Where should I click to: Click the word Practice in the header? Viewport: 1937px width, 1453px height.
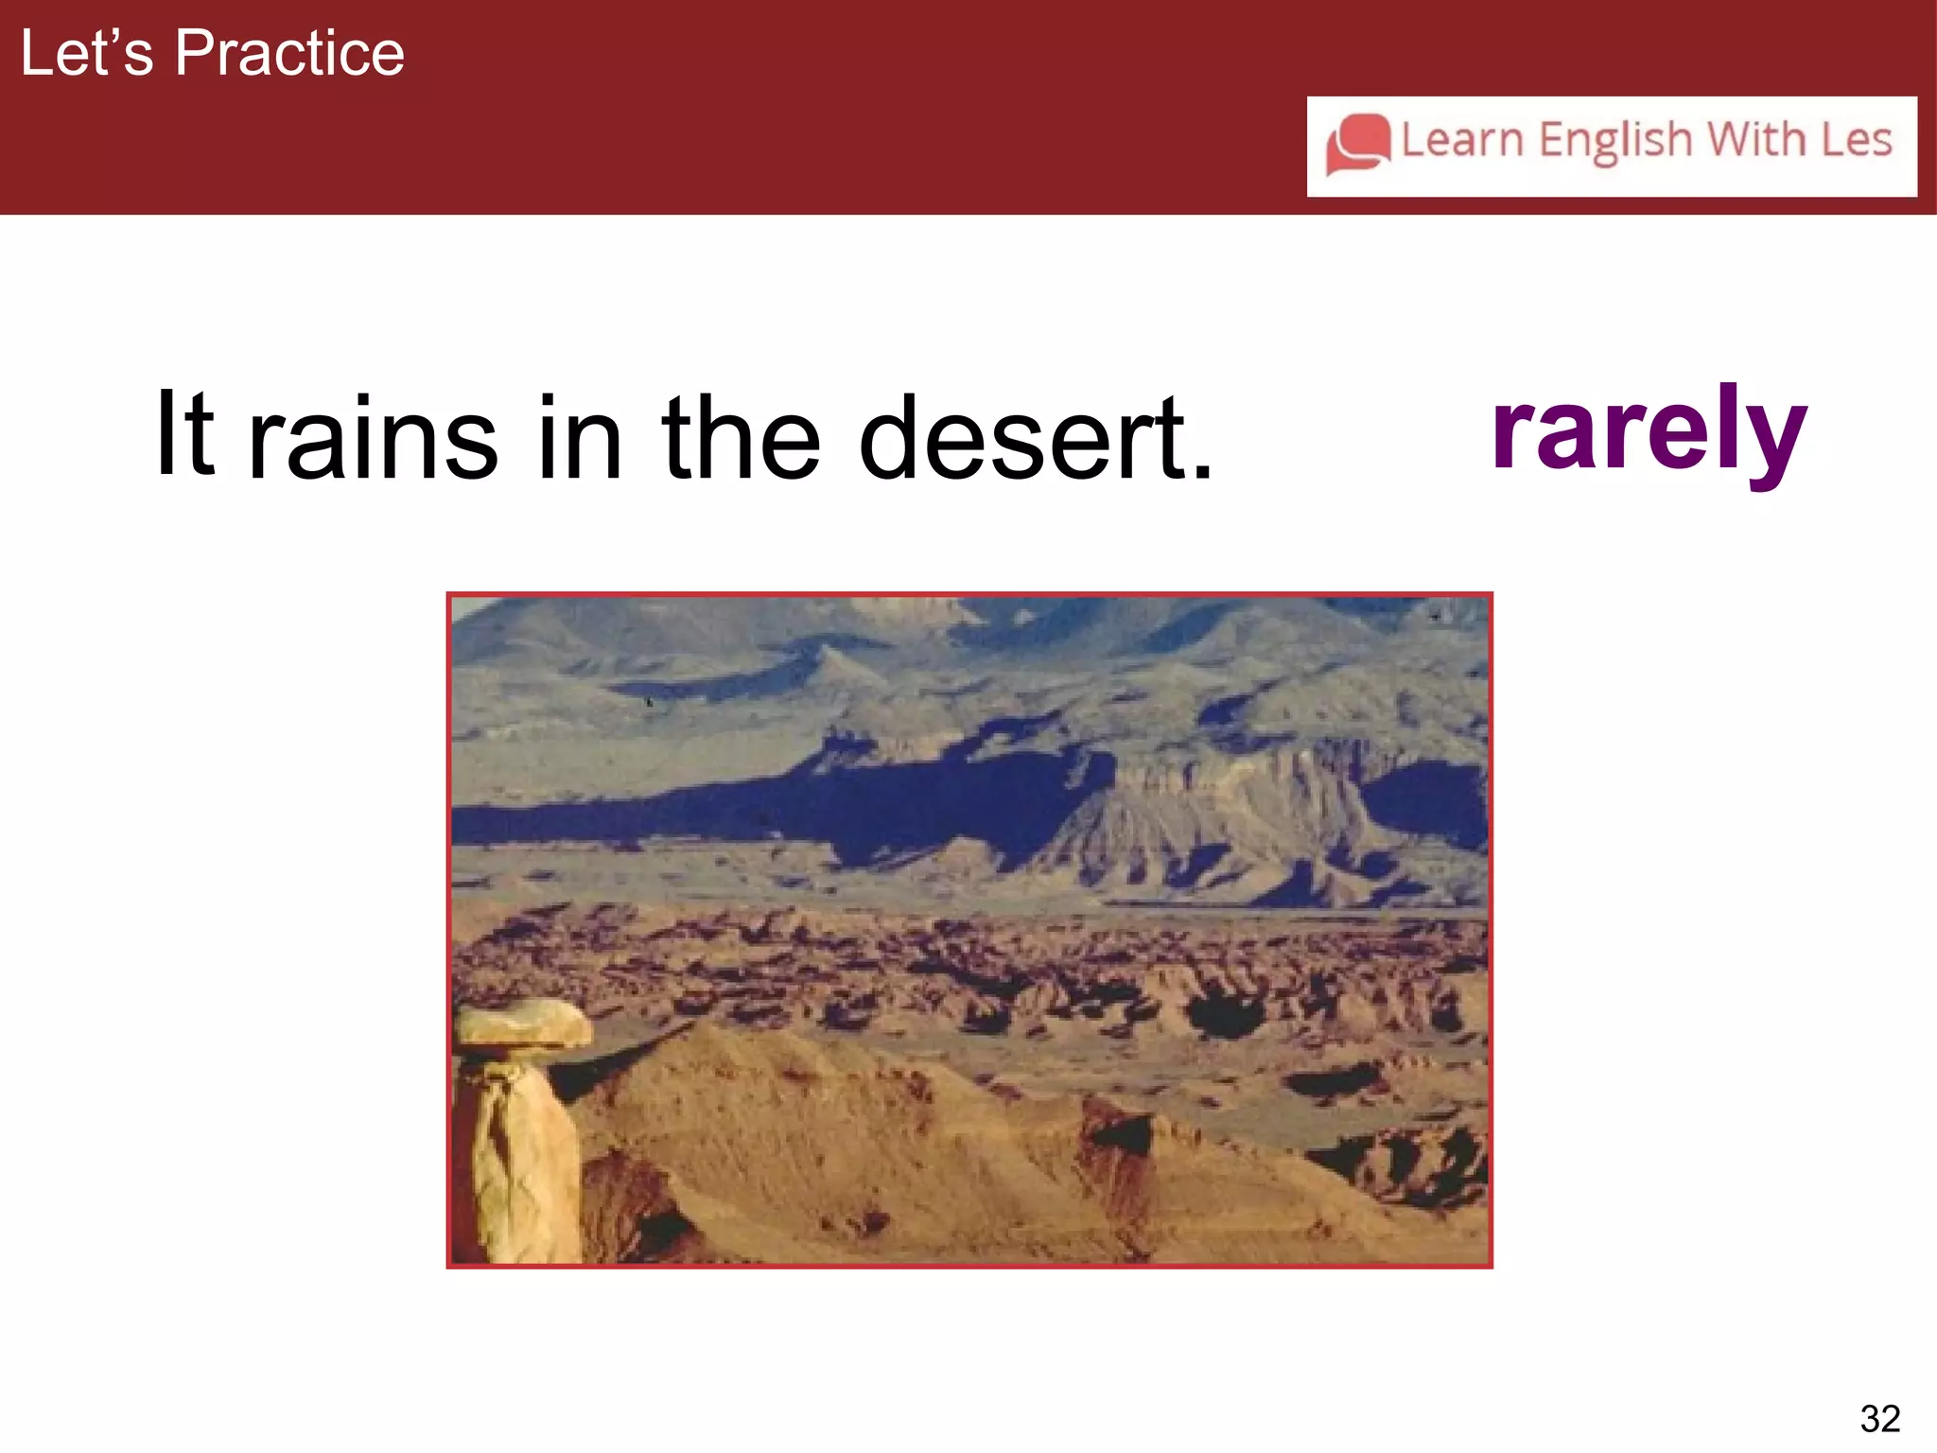(289, 53)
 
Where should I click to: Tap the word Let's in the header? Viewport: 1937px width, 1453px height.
(86, 53)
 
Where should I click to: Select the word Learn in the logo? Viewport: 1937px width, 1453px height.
(1461, 140)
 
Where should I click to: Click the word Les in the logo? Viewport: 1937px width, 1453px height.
(1857, 140)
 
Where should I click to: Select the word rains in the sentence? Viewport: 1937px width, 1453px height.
(373, 439)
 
